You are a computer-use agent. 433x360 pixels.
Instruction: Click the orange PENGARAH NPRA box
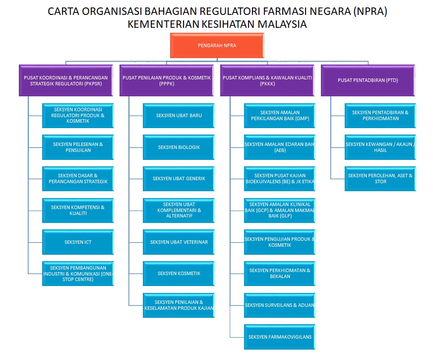pos(217,45)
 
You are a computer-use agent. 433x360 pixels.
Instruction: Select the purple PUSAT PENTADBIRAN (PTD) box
pos(368,80)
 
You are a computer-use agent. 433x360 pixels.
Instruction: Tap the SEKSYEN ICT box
pos(78,242)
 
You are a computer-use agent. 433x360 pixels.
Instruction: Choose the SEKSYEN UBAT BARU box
pos(179,116)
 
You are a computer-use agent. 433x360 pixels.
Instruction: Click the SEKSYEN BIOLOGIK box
pos(179,147)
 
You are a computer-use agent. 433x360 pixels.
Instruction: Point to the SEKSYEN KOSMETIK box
pos(179,273)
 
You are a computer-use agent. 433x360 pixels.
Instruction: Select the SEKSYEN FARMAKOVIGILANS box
pos(280,337)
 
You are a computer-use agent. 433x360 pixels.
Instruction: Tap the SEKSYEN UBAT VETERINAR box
pos(179,242)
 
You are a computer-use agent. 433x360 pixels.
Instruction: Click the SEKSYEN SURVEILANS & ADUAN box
pos(280,305)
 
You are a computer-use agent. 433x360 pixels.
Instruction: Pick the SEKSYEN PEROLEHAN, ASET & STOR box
pos(380,178)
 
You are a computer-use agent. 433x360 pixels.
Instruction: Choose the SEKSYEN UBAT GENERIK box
pos(179,179)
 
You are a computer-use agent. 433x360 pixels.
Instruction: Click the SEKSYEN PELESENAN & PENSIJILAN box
pos(78,147)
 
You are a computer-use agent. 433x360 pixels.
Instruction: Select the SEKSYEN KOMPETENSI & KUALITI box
pos(78,210)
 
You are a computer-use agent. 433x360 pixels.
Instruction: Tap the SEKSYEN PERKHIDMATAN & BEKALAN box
pos(280,273)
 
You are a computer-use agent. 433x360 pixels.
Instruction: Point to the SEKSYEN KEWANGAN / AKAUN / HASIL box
pos(380,147)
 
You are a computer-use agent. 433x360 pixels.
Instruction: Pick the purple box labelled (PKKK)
pos(267,80)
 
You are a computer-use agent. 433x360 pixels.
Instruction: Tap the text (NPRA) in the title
pos(369,11)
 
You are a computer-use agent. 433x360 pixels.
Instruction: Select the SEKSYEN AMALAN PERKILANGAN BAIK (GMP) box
pos(280,116)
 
